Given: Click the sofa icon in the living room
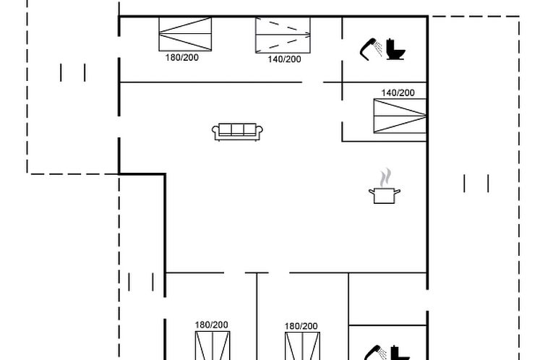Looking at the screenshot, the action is [237, 132].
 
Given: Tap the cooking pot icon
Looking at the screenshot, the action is [385, 196].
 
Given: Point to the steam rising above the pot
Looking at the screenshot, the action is [385, 178].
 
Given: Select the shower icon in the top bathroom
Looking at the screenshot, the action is [371, 49].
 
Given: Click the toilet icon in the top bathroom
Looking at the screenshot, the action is [395, 49].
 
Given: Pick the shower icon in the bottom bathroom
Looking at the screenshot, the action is [375, 352].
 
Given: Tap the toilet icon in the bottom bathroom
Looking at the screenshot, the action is [400, 353].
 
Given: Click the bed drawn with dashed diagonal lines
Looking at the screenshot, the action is [283, 35].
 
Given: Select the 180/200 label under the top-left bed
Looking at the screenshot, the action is [181, 58].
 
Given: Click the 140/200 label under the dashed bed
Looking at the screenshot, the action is [284, 59].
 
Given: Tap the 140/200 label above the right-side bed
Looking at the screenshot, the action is [398, 93].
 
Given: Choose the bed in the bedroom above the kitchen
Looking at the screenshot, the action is [400, 116].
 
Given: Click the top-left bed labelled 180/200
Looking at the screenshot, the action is [185, 34].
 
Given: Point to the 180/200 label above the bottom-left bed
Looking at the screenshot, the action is [211, 325].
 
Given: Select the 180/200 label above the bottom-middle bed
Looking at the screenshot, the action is [301, 326].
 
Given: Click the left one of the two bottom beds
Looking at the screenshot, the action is [213, 346].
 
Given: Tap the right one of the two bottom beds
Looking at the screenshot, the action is [302, 346].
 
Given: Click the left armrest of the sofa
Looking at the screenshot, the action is [215, 131].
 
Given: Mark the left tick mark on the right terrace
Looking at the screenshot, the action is [464, 184].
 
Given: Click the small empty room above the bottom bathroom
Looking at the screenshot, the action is [387, 299].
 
